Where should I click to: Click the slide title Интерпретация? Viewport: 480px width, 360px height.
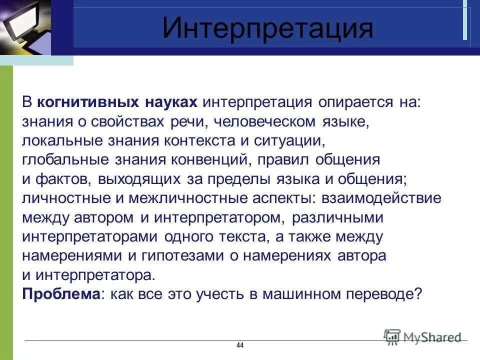tap(267, 28)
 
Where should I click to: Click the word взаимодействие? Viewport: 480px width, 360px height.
tap(384, 198)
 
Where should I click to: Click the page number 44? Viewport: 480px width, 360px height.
tap(239, 346)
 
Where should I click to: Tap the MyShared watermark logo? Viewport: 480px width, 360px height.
tap(422, 337)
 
